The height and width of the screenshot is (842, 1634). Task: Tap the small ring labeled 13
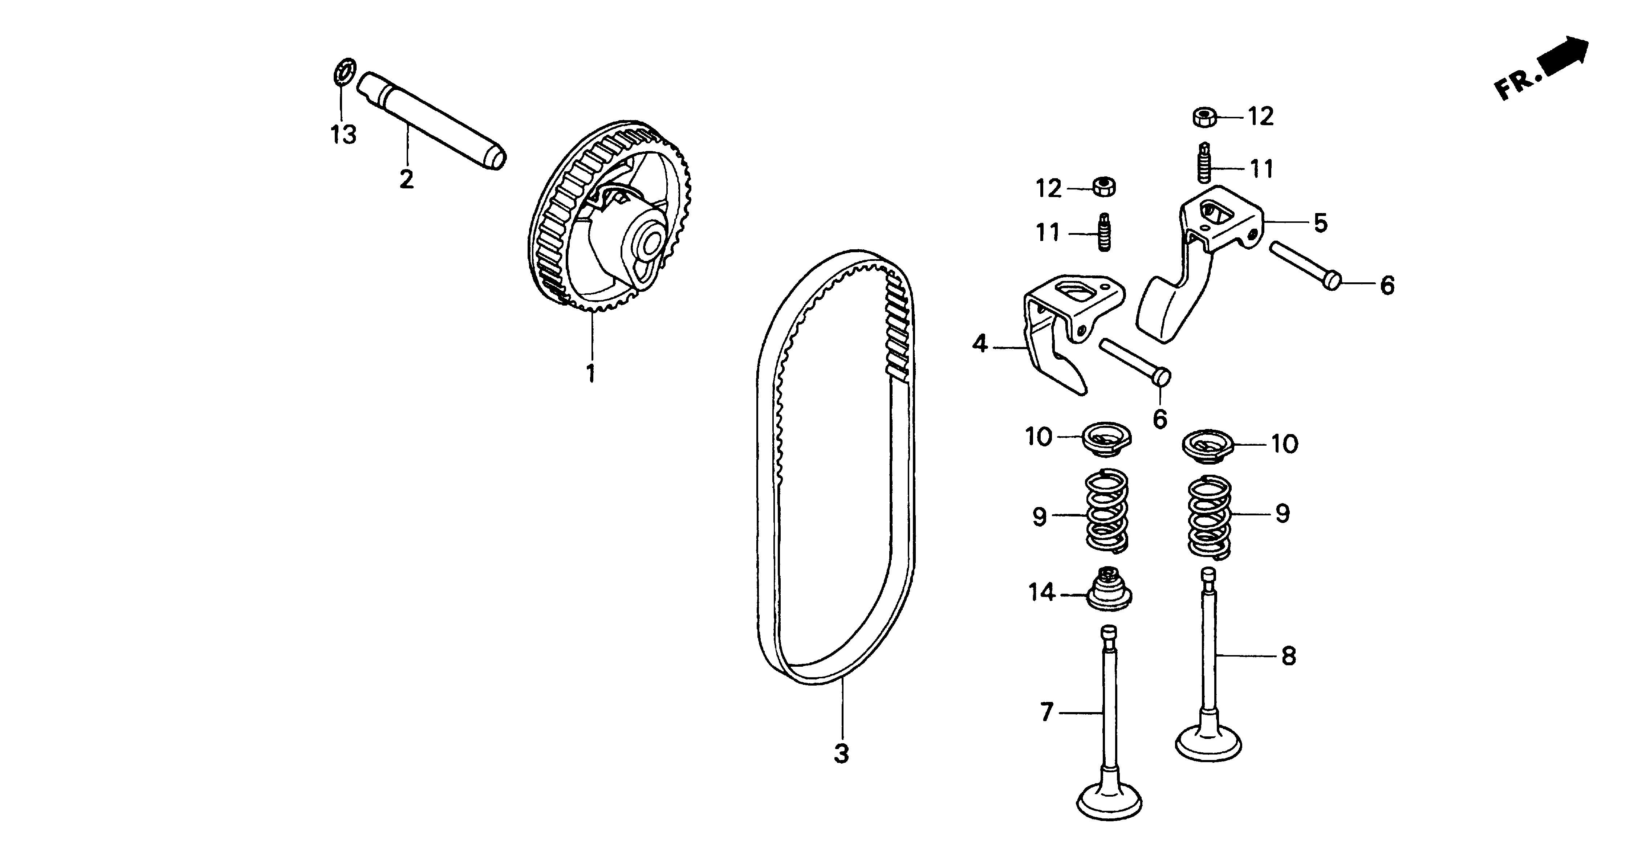(345, 71)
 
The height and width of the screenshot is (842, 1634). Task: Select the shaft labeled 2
(431, 120)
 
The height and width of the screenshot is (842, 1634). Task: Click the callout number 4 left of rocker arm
(980, 344)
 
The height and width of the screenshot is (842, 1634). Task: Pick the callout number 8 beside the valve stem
(1288, 655)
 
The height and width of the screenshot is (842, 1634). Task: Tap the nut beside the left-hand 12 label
(1104, 187)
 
